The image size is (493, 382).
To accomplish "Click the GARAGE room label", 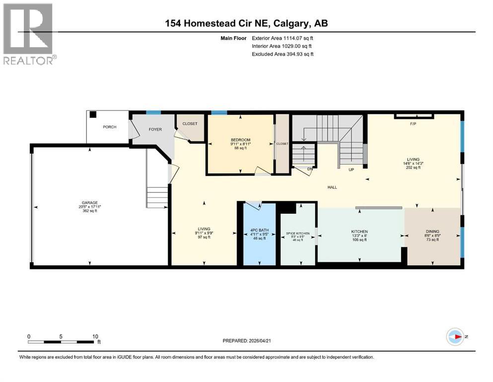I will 89,203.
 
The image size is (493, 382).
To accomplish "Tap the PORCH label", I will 110,127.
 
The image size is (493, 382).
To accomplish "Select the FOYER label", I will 156,129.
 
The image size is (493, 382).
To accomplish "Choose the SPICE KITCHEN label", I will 297,233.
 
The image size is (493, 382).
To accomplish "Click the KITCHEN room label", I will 359,232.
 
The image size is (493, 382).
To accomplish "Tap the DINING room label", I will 432,231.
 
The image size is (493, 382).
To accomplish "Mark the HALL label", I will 332,188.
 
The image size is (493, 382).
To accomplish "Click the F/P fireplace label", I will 412,124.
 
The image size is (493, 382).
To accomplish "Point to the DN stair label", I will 309,169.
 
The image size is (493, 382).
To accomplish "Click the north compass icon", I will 455,337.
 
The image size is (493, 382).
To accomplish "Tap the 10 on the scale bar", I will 95,336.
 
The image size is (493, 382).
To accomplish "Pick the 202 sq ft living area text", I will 413,168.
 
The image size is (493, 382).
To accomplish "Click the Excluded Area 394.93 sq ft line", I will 282,54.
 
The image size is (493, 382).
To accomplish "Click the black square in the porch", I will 93,114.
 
